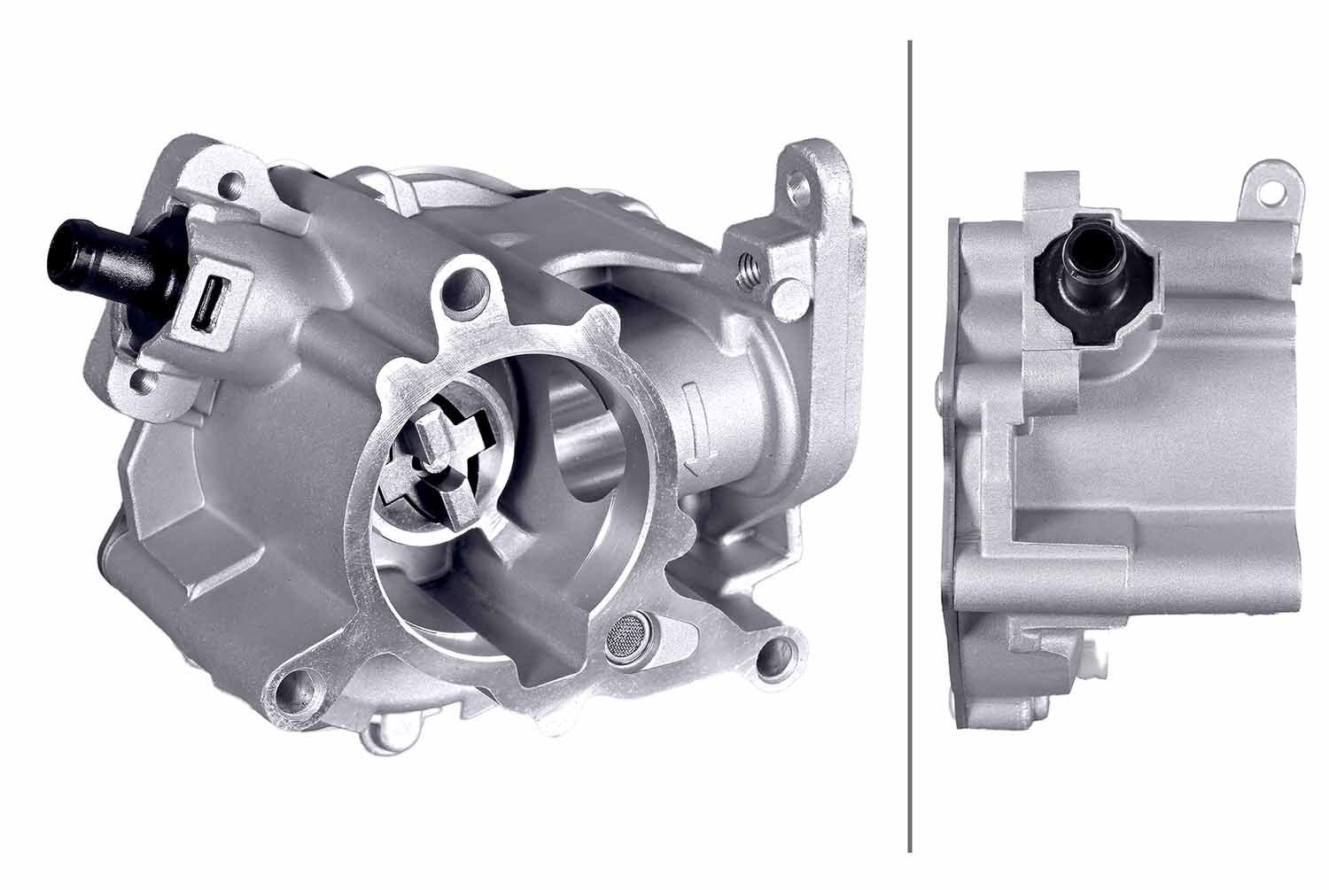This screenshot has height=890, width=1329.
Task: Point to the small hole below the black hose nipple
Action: coord(143,381)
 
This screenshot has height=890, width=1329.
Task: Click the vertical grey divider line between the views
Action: coord(910,443)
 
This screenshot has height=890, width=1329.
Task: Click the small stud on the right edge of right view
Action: coord(1299,260)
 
